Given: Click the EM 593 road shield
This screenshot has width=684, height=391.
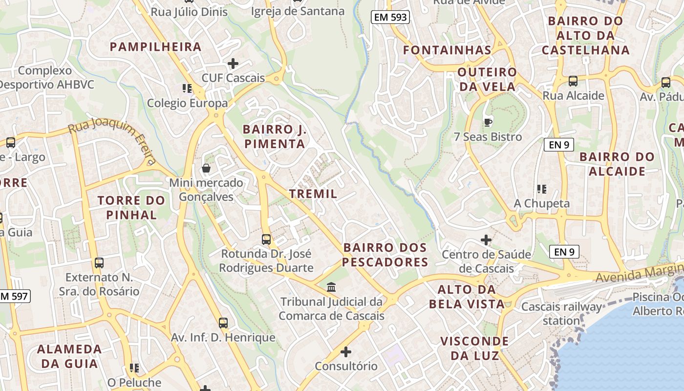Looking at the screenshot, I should [390, 17].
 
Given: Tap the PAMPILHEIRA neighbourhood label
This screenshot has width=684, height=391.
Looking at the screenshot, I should [155, 47].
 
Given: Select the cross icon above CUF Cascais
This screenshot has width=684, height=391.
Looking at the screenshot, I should [233, 64].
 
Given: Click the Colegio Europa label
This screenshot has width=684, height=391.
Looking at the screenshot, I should [188, 103].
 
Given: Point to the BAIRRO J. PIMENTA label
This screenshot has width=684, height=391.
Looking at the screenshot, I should [275, 137].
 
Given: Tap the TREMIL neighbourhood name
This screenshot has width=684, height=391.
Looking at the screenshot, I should [313, 194].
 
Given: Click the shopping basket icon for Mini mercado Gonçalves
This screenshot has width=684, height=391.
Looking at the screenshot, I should [206, 169].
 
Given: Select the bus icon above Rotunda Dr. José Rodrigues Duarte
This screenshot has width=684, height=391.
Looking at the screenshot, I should [266, 239].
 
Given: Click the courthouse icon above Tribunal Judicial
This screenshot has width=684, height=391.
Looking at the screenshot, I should [331, 287].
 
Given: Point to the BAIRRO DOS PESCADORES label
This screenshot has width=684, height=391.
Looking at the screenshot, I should [385, 255].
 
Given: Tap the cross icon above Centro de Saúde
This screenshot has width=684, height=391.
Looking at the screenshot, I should [486, 240].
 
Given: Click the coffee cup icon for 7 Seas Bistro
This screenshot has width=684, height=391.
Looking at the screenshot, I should [487, 122].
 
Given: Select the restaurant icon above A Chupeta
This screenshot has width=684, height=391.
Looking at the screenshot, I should [541, 189].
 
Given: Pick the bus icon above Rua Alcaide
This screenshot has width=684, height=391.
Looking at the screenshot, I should [573, 81].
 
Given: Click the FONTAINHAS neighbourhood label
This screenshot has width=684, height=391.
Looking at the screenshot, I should [447, 50].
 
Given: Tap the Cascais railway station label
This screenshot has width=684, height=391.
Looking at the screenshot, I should [562, 314].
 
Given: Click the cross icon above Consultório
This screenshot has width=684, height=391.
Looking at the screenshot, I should [346, 351].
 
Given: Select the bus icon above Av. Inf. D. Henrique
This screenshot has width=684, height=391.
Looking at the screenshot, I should [223, 323].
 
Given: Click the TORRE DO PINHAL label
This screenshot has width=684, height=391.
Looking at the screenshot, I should [131, 208].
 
